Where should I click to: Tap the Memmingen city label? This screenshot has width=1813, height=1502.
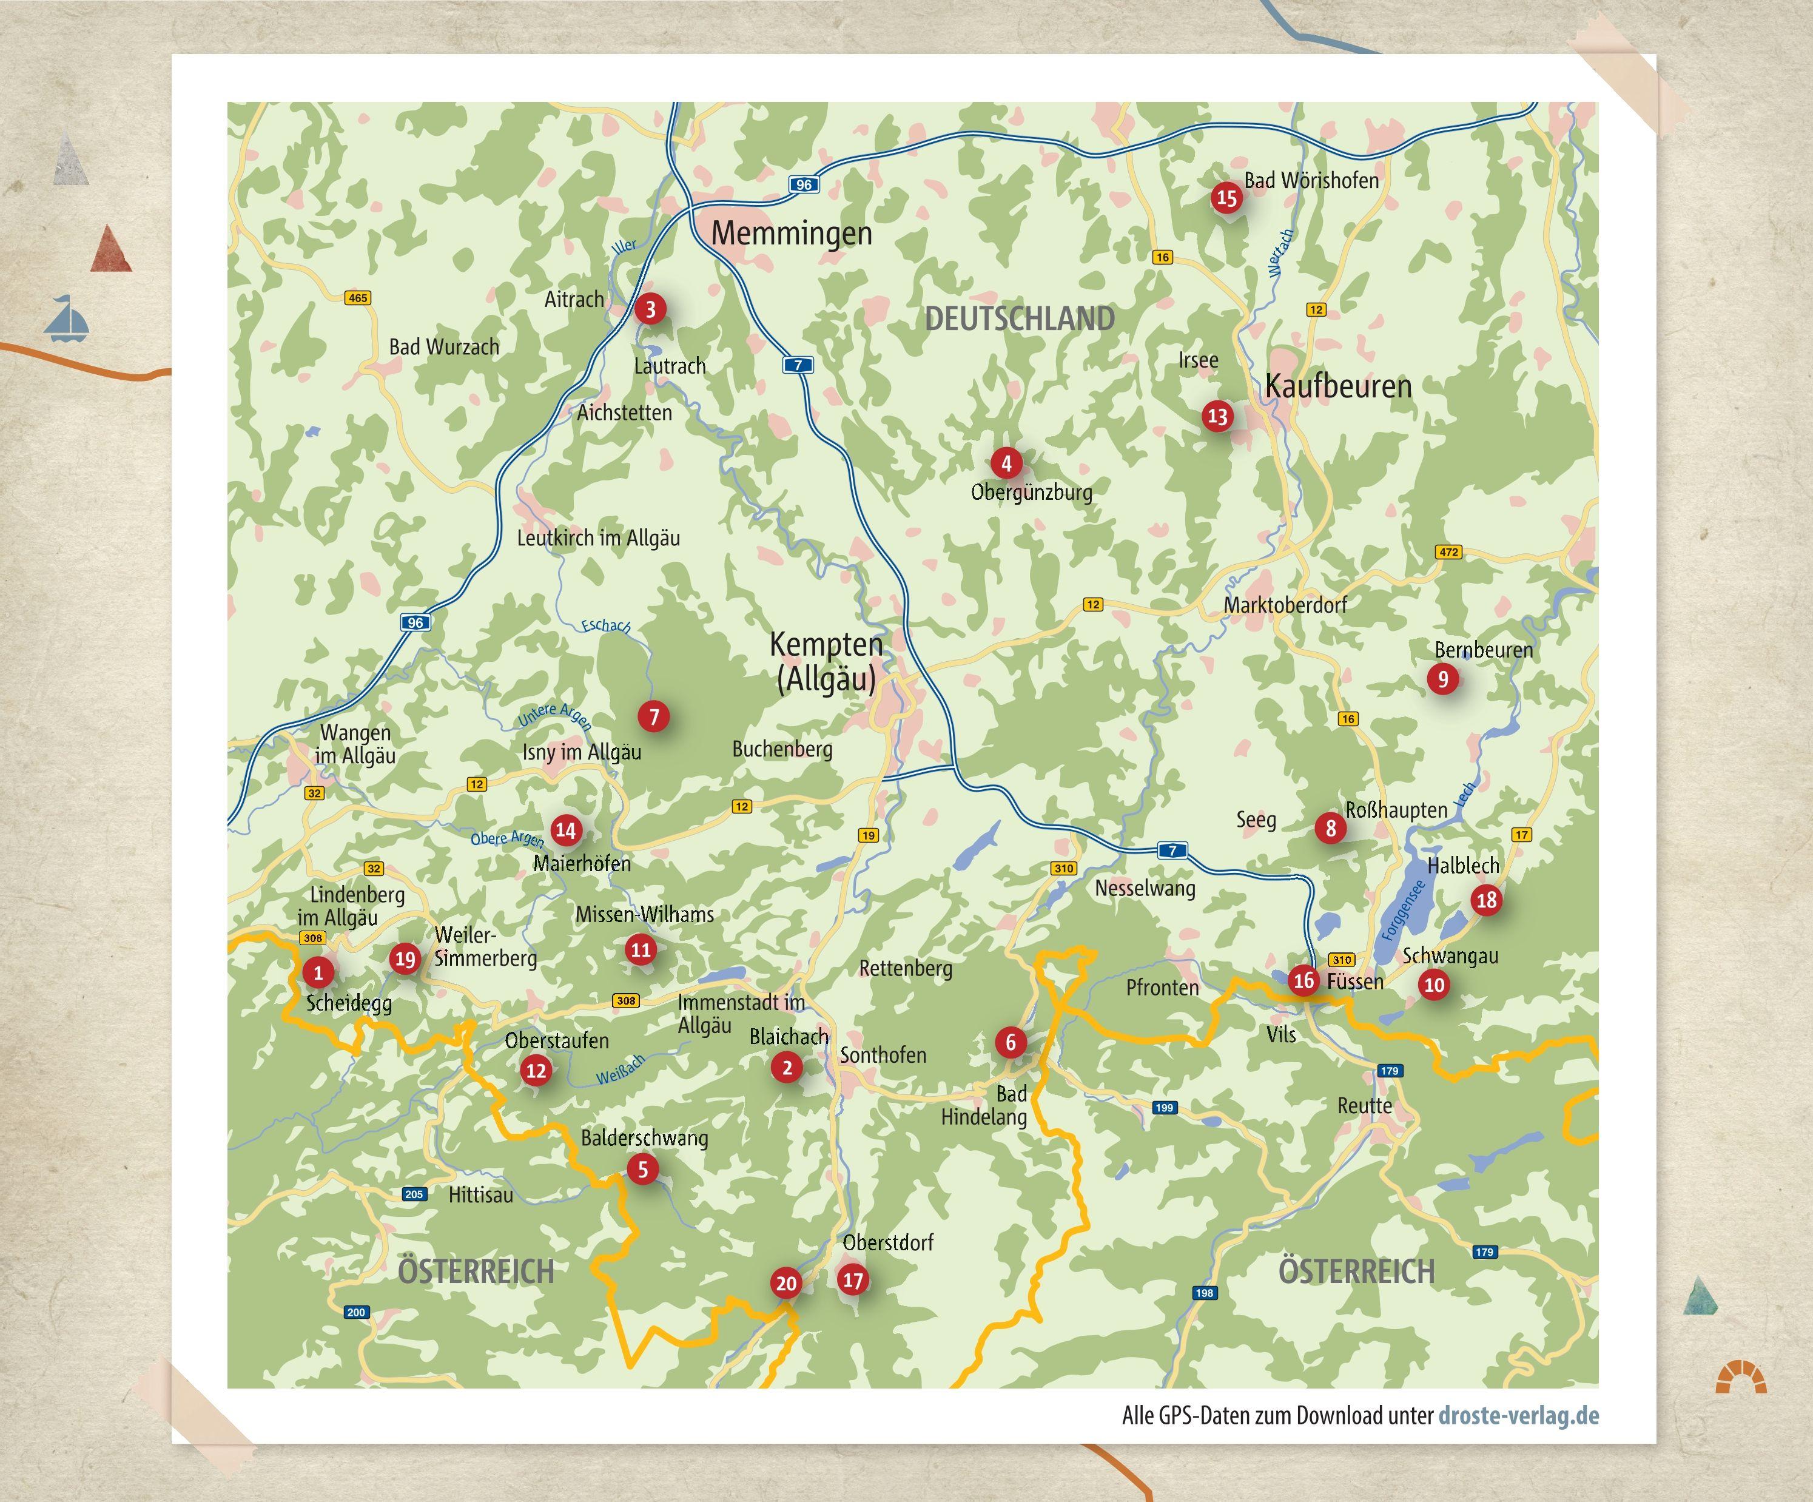pos(791,233)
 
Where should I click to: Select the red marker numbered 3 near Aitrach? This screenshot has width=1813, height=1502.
pos(650,308)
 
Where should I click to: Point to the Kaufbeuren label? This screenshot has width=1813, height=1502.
pos(1337,386)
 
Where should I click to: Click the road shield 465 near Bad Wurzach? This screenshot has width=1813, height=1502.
pos(357,298)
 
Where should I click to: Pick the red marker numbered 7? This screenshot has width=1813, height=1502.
pos(653,716)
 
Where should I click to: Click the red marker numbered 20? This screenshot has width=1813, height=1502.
pos(785,1283)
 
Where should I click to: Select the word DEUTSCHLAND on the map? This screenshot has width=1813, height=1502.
pos(1020,318)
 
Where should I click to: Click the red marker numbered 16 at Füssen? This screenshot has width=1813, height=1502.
pos(1303,980)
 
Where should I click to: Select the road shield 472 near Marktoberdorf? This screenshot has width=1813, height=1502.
pos(1448,551)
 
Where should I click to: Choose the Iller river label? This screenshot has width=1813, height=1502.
pos(624,246)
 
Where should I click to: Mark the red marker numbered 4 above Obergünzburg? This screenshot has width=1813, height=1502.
pos(1006,463)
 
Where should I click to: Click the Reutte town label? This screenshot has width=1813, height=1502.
pos(1364,1106)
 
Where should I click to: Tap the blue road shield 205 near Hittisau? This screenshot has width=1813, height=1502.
pos(414,1194)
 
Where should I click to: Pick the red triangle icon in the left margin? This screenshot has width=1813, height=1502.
pos(112,251)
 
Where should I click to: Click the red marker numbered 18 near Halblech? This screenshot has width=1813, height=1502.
pos(1486,900)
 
